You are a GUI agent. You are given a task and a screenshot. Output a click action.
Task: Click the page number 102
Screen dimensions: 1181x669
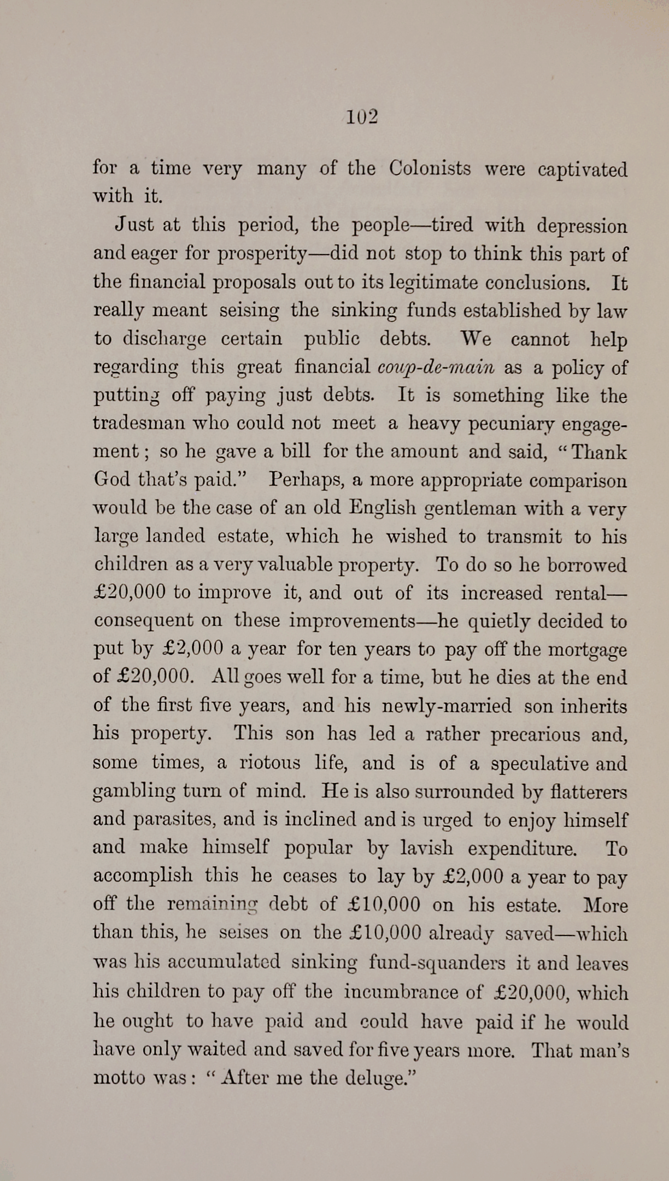click(362, 117)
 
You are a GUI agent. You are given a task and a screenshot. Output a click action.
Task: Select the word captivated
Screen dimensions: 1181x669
click(583, 169)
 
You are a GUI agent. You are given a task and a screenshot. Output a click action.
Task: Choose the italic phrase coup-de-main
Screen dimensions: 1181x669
click(436, 367)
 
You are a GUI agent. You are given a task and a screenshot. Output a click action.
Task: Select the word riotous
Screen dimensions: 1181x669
click(270, 762)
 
